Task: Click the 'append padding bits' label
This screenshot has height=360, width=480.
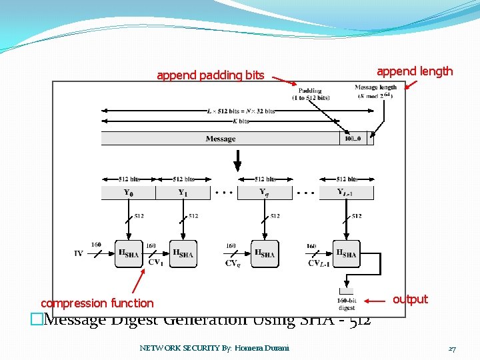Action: point(210,75)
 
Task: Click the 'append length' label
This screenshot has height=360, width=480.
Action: point(414,71)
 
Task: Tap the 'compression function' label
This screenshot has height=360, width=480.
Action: point(97,303)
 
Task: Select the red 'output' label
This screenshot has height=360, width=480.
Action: point(410,299)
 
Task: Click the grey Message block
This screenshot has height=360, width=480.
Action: point(220,139)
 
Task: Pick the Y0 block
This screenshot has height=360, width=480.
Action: point(128,193)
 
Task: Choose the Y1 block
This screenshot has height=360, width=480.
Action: point(182,193)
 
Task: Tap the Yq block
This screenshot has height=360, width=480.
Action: point(265,193)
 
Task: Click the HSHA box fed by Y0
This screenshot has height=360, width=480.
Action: point(128,253)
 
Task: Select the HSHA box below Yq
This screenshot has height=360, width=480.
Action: point(265,253)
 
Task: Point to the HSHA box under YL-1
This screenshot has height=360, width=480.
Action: point(347,253)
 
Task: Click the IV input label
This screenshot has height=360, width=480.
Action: point(79,253)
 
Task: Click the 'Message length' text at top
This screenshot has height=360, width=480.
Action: point(375,87)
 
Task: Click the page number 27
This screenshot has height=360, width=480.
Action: point(451,348)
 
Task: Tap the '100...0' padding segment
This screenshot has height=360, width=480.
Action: point(353,139)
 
